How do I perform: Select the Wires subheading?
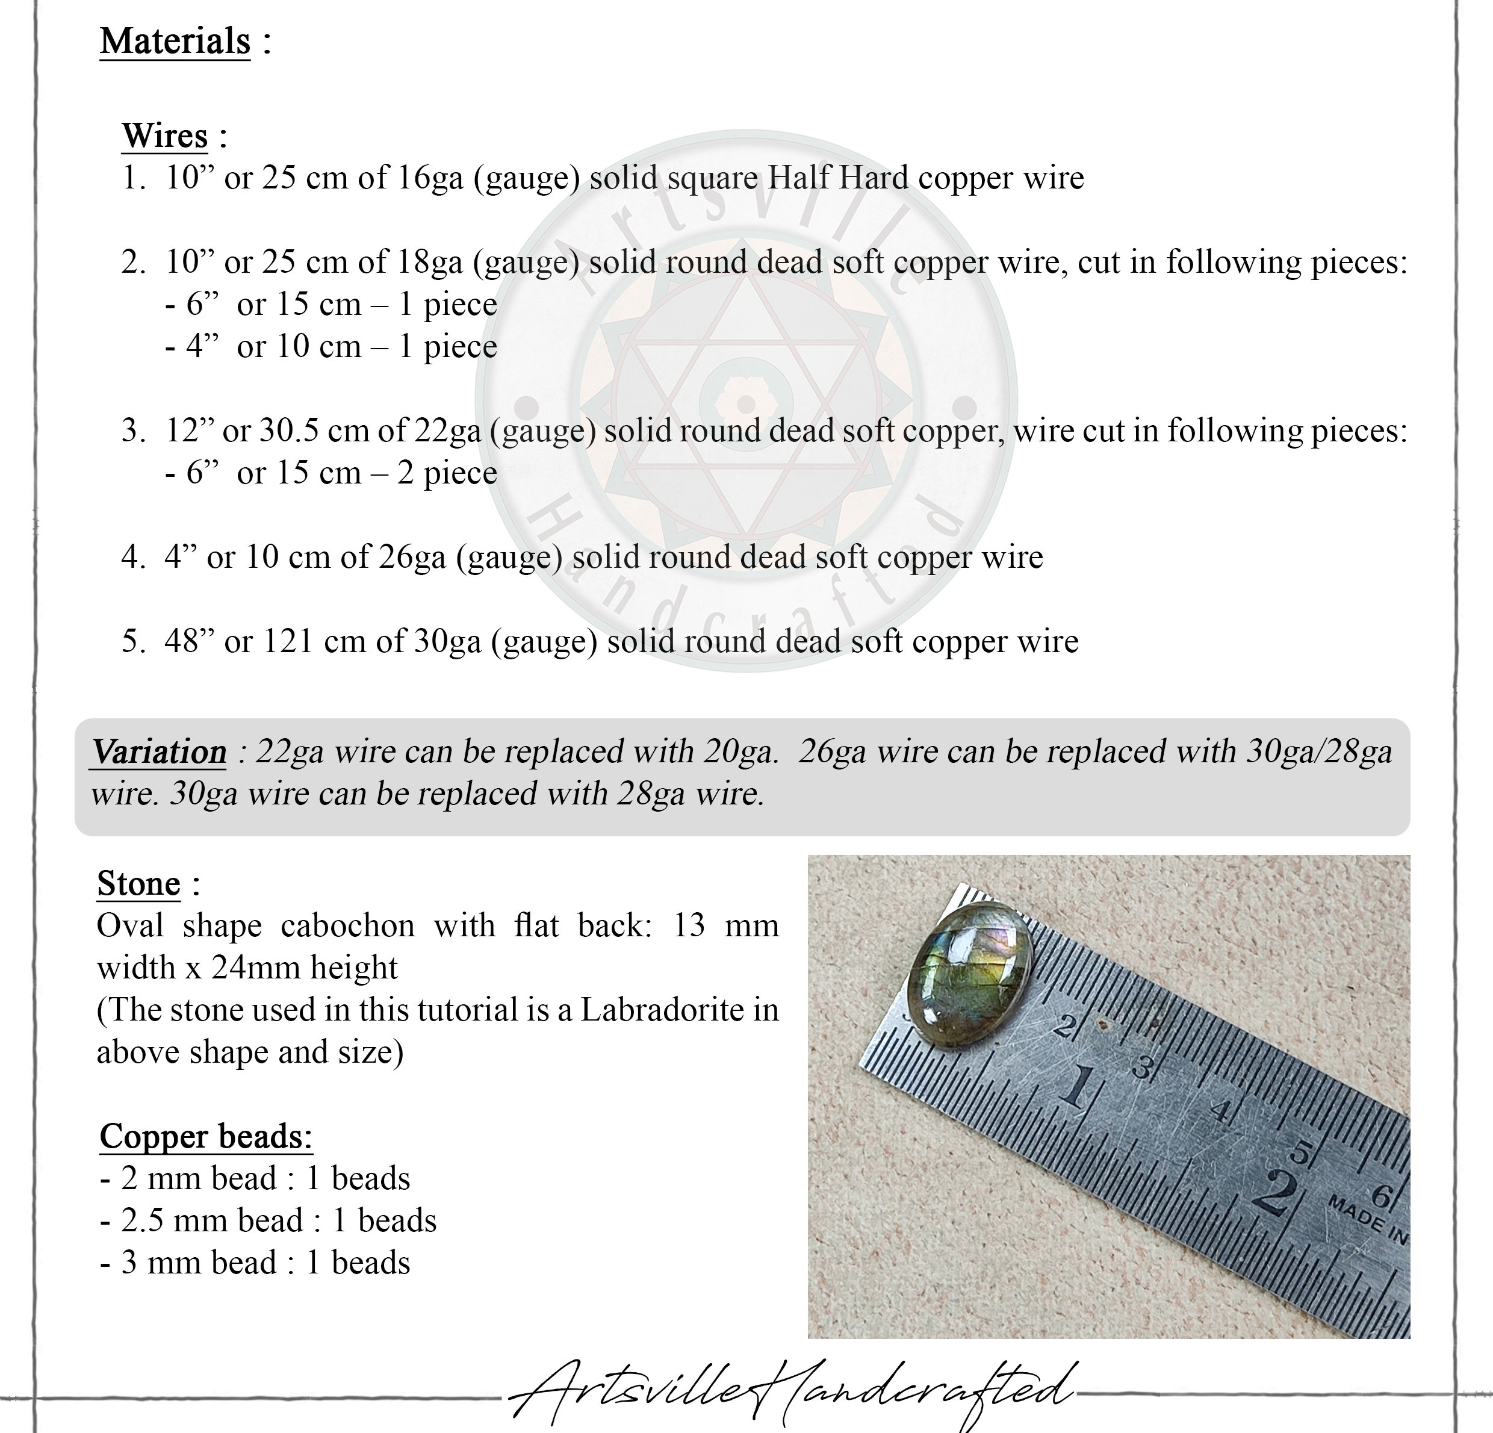(164, 136)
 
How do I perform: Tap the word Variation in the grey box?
(159, 752)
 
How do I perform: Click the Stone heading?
(138, 884)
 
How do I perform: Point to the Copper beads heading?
(206, 1136)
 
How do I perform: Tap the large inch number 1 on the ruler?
(1076, 1085)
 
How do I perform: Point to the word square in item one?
(712, 178)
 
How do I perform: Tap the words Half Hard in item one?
(838, 178)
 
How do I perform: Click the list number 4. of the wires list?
(132, 558)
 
